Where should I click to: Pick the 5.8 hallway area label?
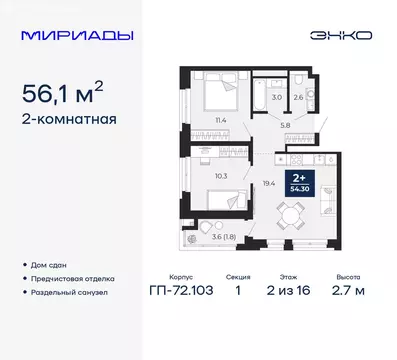pyautogui.click(x=285, y=124)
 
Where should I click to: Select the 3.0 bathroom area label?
pyautogui.click(x=278, y=96)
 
